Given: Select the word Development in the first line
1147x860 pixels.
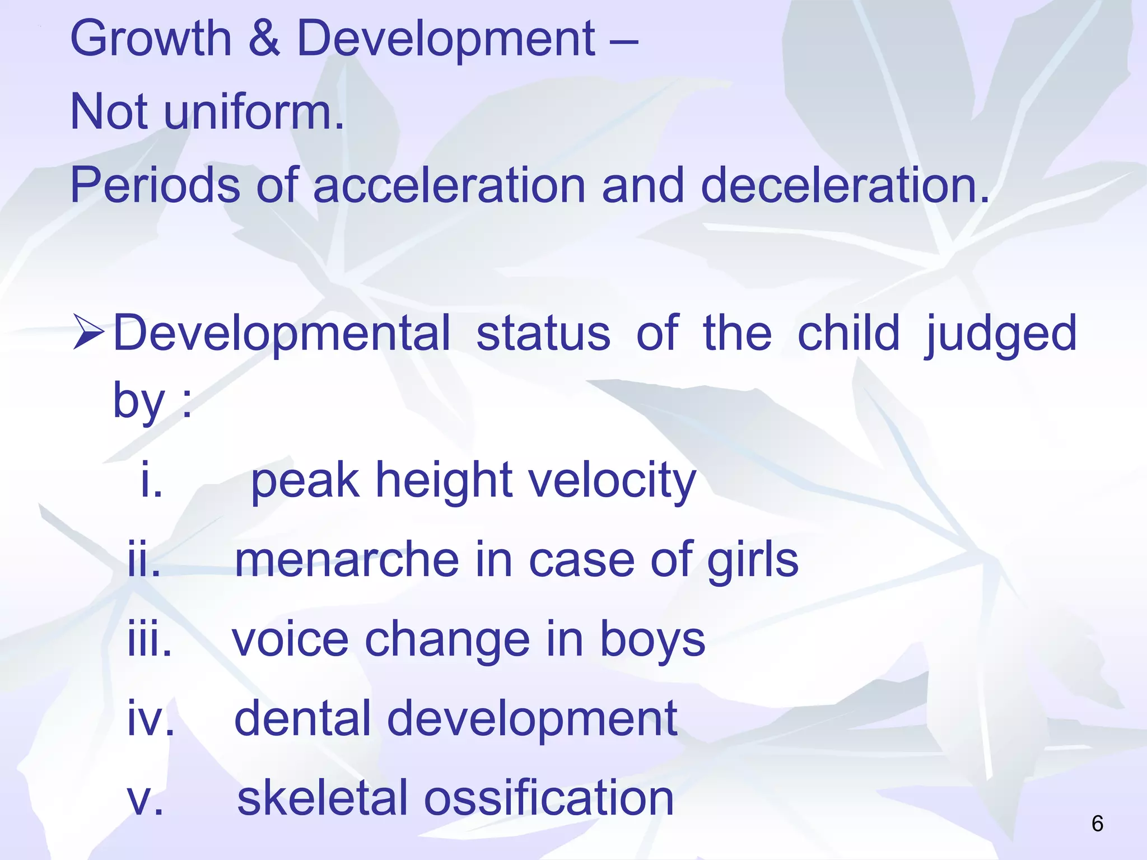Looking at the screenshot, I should point(446,39).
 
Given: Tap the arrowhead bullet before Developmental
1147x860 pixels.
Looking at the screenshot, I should point(88,333).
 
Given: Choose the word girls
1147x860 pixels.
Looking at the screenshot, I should point(753,560).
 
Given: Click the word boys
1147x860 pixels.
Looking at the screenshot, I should point(652,639).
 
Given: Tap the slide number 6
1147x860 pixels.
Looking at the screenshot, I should point(1097,824).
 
